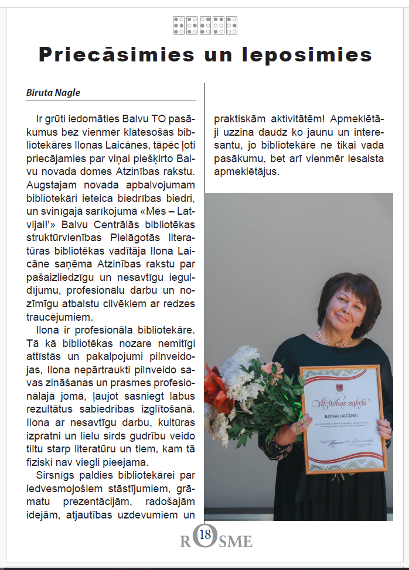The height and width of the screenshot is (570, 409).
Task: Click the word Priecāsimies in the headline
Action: [116, 54]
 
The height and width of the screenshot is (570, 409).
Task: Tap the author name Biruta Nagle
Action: [53, 92]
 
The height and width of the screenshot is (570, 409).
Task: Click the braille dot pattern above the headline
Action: [205, 25]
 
